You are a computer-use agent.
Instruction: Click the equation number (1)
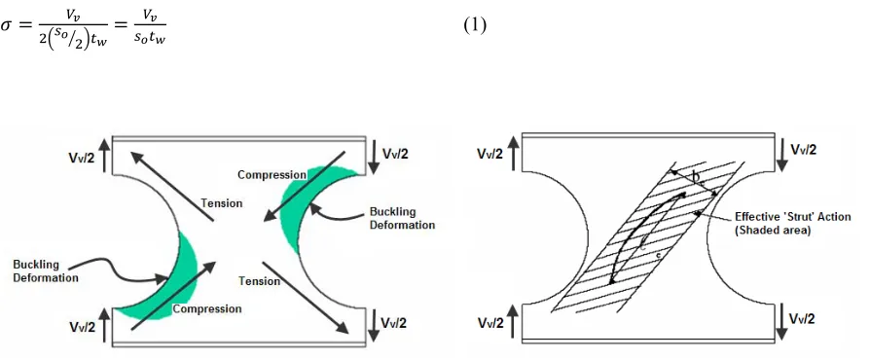point(474,25)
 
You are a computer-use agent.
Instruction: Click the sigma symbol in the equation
point(6,26)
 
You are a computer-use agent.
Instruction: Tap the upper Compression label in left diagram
point(272,175)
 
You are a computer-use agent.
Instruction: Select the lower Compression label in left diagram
point(207,309)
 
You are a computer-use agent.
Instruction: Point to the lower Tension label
point(259,281)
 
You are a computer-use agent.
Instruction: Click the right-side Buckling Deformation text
point(402,219)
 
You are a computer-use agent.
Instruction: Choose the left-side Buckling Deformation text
point(46,271)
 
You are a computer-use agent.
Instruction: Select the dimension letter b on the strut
point(696,176)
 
